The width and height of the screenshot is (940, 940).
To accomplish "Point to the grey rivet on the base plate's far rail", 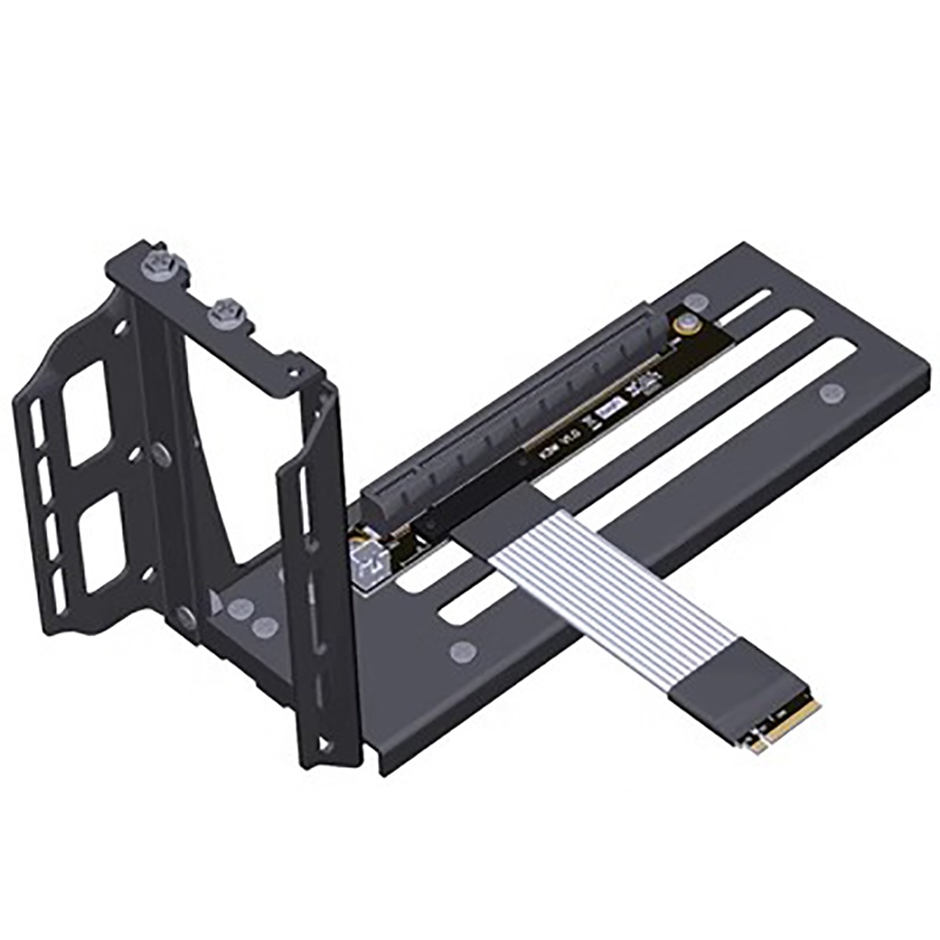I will click(832, 394).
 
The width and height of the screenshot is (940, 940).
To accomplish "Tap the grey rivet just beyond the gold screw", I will click(698, 301).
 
